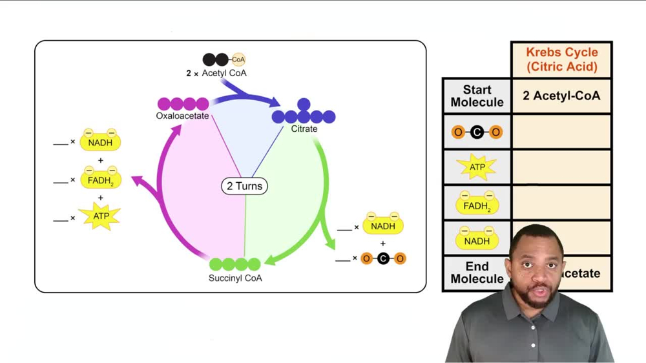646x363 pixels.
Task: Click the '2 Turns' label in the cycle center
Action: click(244, 186)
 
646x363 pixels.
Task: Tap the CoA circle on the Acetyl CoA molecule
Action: click(238, 59)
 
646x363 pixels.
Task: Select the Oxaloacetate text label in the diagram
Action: click(182, 116)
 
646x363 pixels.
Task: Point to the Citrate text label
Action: click(304, 129)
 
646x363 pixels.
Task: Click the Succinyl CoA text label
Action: click(235, 278)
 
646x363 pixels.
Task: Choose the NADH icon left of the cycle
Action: click(100, 142)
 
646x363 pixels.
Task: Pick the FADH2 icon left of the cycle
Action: click(100, 180)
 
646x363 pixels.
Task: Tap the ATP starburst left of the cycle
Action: click(100, 216)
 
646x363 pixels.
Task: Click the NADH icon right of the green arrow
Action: click(382, 226)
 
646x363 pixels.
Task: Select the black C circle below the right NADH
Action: click(383, 259)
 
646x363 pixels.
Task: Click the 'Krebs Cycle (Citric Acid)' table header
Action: click(561, 59)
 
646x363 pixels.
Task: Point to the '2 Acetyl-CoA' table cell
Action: click(561, 96)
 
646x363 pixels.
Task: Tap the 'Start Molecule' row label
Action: click(477, 96)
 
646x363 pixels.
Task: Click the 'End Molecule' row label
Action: click(477, 273)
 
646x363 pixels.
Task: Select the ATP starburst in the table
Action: click(477, 167)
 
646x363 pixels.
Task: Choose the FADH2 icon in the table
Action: click(477, 205)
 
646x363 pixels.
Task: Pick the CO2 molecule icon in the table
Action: click(477, 132)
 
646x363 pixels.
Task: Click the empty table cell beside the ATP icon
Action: click(561, 167)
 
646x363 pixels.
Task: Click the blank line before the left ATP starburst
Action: click(61, 219)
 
